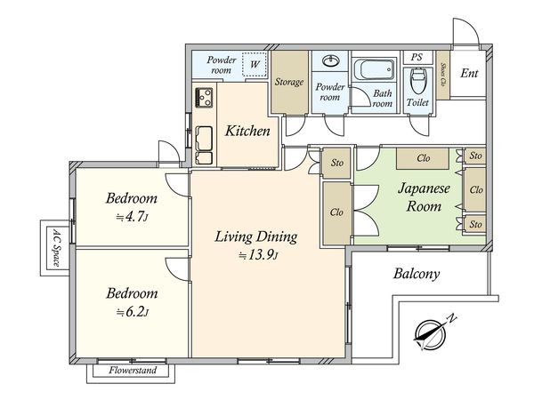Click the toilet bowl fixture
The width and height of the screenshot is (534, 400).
(417, 81)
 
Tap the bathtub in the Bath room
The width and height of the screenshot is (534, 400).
(375, 69)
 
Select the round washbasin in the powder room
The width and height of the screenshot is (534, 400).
(331, 61)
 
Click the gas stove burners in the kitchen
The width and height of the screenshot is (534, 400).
(204, 98)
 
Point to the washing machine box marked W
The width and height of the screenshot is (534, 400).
(255, 64)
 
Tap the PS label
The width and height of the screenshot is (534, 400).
(417, 57)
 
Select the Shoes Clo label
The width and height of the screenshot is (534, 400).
(443, 74)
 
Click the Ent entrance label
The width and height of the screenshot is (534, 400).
(469, 73)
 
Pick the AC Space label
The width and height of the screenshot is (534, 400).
(56, 248)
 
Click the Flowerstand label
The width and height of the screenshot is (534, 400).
(133, 370)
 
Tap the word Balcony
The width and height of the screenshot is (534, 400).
(417, 274)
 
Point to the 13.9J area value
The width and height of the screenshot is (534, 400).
(259, 255)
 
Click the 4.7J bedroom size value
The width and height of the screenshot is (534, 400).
(132, 217)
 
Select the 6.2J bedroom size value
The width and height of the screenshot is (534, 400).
(133, 312)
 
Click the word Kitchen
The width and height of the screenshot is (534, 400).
(247, 131)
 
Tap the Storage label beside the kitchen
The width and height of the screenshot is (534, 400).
(289, 82)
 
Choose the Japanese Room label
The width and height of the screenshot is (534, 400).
(424, 197)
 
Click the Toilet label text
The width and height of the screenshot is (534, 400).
(417, 102)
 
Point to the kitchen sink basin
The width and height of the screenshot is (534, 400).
(204, 138)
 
